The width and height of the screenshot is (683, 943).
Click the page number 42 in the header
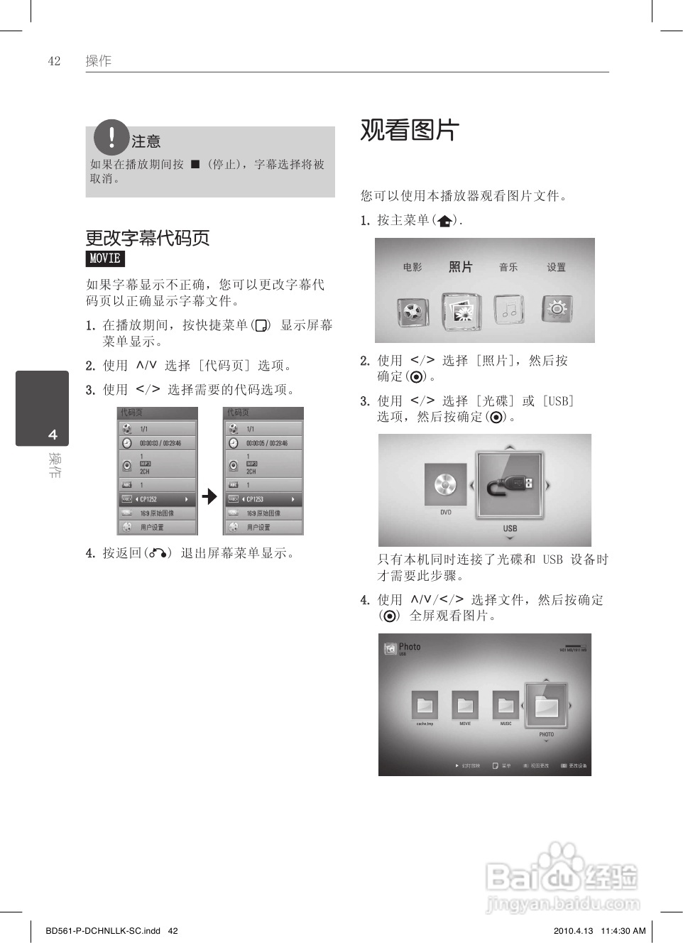(x=54, y=61)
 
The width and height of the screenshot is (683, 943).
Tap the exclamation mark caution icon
(x=111, y=137)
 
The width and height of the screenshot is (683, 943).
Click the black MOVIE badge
(x=105, y=258)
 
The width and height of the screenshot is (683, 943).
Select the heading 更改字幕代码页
(x=148, y=238)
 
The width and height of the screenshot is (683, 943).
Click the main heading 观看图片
(x=410, y=130)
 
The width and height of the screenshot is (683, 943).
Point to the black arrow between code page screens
(x=209, y=496)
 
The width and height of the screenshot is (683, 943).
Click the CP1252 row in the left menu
(x=157, y=499)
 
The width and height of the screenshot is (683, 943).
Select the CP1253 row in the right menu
(x=263, y=499)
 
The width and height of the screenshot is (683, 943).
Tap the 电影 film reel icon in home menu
(x=412, y=310)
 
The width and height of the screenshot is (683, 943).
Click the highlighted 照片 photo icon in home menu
(x=461, y=311)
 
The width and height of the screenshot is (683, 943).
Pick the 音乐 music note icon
(x=508, y=310)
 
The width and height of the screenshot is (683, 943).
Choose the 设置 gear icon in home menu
(x=557, y=309)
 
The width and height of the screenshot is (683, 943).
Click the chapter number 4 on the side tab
(x=53, y=435)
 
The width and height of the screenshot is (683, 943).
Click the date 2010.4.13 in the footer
(x=572, y=931)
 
